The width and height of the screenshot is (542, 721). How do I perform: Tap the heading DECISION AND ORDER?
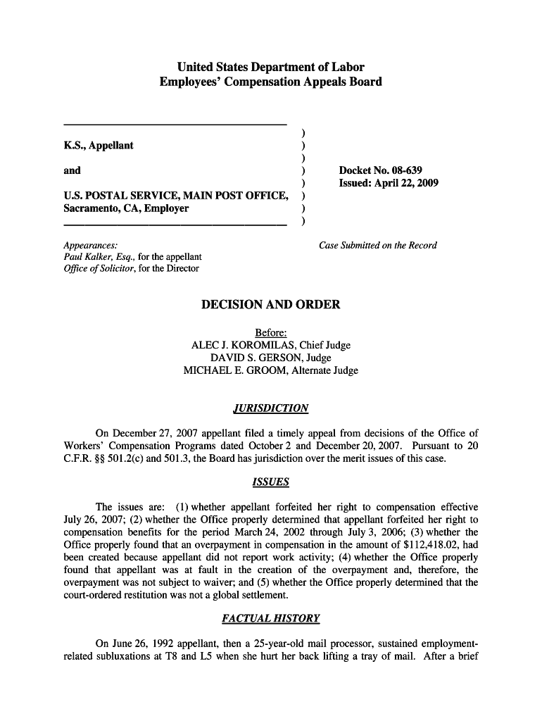271,305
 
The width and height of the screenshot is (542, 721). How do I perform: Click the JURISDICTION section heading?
271,408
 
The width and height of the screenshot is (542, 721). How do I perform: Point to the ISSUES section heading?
271,482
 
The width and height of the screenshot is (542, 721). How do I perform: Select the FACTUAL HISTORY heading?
271,619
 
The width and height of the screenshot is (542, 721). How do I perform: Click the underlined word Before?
271,333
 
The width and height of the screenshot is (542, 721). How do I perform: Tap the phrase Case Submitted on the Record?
378,246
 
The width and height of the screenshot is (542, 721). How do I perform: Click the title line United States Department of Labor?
271,68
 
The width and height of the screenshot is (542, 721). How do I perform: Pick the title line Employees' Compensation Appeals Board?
271,82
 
